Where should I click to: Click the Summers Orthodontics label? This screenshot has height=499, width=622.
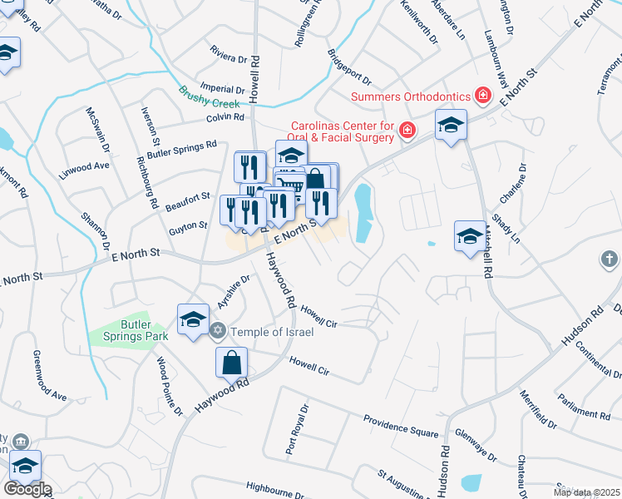pos(410,96)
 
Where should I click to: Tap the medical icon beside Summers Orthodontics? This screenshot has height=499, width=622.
pos(481,96)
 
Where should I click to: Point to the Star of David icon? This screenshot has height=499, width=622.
pos(219,332)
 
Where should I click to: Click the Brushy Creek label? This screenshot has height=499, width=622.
pos(210,96)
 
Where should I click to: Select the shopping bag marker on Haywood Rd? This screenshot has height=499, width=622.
pos(232,363)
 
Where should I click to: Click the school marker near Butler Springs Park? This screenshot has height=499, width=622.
pos(193,320)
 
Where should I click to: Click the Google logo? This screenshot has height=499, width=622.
pos(27,489)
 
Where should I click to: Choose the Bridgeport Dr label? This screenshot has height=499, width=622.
pos(349,69)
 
